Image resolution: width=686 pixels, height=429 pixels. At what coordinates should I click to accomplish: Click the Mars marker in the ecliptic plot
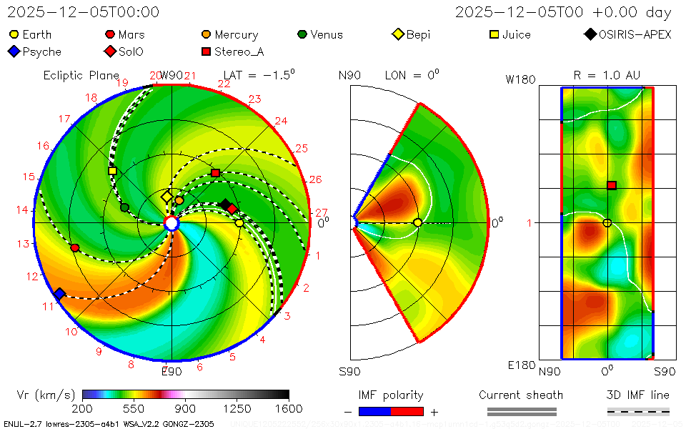(75, 247)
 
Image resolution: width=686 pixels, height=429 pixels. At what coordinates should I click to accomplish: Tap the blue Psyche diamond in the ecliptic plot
(59, 294)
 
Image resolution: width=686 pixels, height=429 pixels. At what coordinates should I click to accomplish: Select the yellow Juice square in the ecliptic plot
(112, 171)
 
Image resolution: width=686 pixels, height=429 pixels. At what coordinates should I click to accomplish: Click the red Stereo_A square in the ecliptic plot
(215, 173)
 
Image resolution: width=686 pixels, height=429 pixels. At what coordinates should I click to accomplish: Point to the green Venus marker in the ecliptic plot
(124, 207)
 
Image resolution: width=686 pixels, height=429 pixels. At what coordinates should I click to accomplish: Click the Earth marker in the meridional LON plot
(417, 223)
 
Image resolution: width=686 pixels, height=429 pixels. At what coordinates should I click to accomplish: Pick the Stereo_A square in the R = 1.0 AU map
(612, 185)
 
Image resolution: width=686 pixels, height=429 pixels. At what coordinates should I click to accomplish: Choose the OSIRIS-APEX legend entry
(628, 34)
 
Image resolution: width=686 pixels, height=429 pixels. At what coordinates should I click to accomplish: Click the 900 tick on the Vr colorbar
(186, 409)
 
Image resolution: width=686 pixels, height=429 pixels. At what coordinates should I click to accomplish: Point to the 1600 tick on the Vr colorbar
(289, 409)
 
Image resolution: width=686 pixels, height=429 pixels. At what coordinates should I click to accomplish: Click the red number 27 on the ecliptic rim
(321, 212)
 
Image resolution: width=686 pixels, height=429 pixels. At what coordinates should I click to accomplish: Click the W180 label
(520, 79)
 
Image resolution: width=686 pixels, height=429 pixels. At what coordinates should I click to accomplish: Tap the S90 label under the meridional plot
(349, 371)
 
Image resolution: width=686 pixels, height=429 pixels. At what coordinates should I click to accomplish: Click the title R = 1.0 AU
(607, 75)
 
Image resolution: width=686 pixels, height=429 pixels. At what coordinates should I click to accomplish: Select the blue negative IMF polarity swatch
(375, 411)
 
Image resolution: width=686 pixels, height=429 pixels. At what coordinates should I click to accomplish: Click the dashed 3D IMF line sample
(638, 411)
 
